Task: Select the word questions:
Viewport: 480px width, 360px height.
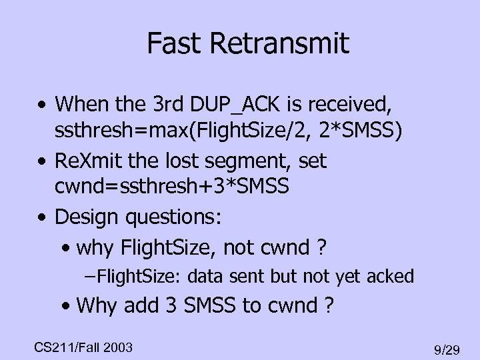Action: pyautogui.click(x=184, y=217)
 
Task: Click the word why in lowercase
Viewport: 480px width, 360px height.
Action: pyautogui.click(x=97, y=248)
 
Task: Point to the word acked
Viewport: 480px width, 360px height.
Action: pyautogui.click(x=391, y=275)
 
